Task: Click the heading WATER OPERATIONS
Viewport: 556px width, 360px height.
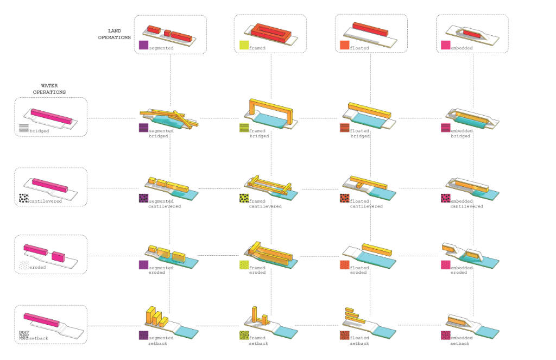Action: [53, 89]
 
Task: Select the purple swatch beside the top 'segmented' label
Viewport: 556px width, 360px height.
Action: [143, 46]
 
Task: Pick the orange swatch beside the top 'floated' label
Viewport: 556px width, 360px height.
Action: [344, 46]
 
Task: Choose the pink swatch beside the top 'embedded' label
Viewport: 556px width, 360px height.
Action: [446, 46]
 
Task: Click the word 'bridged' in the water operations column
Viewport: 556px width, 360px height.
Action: [39, 131]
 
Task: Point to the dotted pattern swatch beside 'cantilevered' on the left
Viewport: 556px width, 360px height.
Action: [23, 198]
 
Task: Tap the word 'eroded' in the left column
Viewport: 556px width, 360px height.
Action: [38, 267]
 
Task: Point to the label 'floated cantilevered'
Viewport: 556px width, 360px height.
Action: [366, 203]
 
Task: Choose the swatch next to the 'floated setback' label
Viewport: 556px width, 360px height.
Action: [344, 336]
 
